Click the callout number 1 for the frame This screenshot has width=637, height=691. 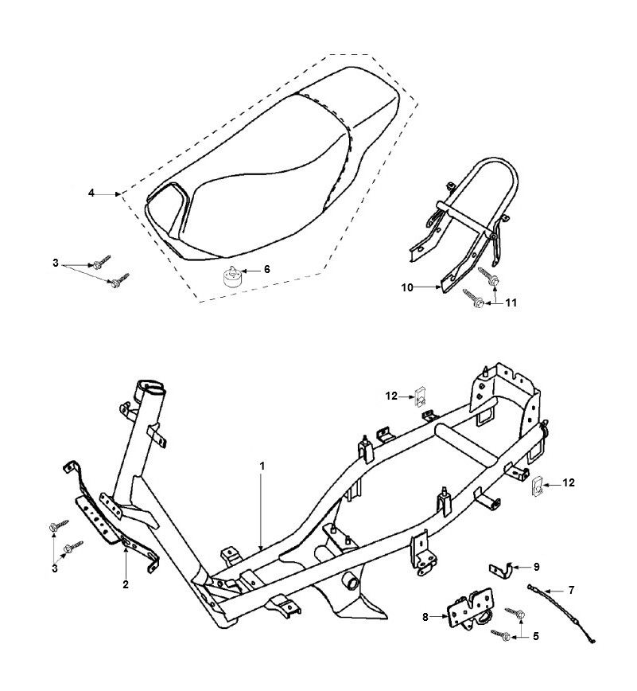coord(262,463)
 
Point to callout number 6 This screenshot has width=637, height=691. coord(266,270)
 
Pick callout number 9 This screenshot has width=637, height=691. coord(536,567)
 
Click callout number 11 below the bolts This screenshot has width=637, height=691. coord(511,303)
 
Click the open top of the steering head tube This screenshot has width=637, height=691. coord(152,389)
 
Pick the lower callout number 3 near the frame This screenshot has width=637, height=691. coord(56,569)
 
